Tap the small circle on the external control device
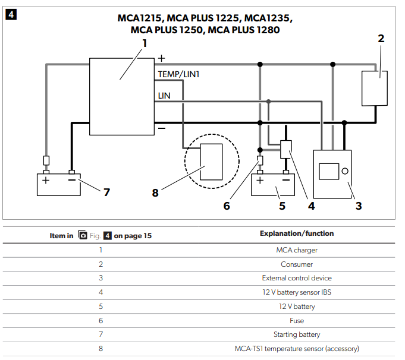[x=344, y=172]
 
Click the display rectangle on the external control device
[x=328, y=172]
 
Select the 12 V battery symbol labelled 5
[x=273, y=185]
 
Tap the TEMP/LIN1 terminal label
[x=178, y=74]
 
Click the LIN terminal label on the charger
[x=165, y=95]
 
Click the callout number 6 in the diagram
[x=227, y=206]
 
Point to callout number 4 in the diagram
[x=312, y=206]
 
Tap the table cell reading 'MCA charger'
[x=296, y=250]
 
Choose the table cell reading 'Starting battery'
[x=296, y=334]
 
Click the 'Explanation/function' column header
[x=296, y=233]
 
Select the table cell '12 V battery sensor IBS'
[x=296, y=292]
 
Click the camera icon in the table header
[x=83, y=235]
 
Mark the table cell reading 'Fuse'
[x=296, y=321]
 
